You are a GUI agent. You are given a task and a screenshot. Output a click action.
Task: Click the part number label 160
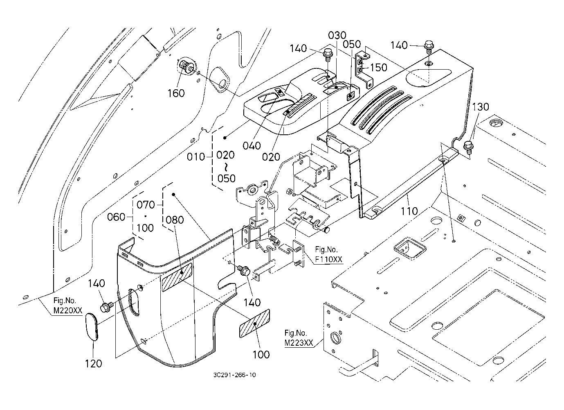click(x=176, y=93)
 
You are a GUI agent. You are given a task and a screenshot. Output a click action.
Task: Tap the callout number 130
click(x=481, y=107)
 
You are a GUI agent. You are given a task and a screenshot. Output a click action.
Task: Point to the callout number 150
click(x=378, y=67)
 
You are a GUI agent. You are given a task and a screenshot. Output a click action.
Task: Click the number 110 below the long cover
click(x=409, y=211)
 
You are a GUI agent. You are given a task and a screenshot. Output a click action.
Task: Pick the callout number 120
click(x=93, y=363)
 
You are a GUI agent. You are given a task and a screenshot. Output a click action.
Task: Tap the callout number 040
click(x=252, y=145)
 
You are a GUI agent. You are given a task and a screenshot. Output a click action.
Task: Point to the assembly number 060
click(x=117, y=217)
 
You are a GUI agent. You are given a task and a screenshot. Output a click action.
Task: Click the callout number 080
click(x=175, y=220)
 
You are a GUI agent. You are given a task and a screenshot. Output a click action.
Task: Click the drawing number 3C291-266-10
click(x=235, y=374)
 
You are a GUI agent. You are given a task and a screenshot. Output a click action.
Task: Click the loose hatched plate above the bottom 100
click(x=255, y=324)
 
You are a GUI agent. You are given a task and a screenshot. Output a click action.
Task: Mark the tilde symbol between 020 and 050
click(x=226, y=167)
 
